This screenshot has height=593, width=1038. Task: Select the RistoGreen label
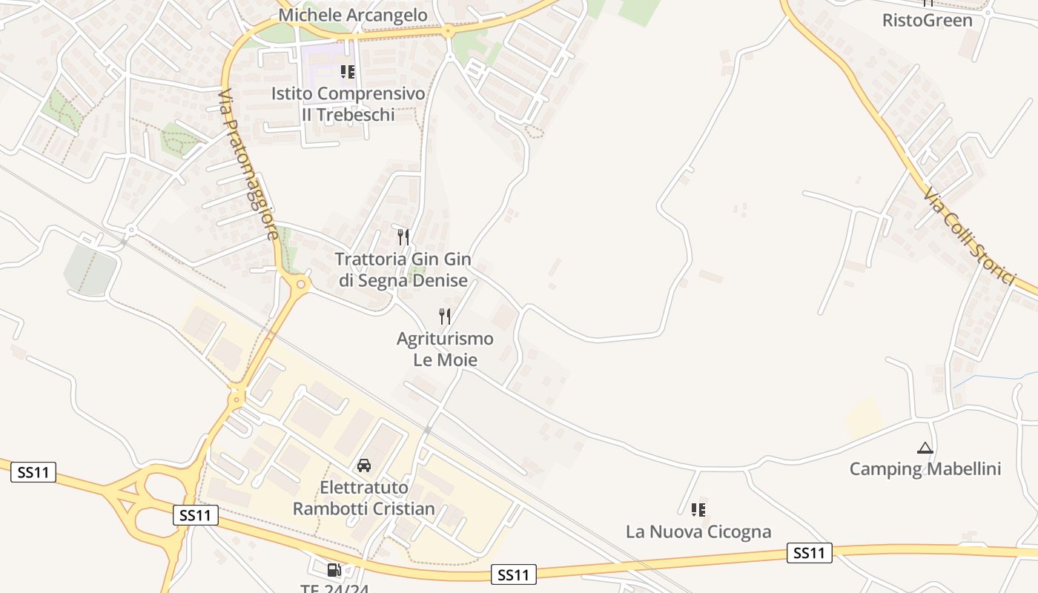[927, 20]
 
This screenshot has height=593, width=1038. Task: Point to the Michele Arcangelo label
[353, 15]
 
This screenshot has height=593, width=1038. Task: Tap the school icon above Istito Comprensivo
[347, 72]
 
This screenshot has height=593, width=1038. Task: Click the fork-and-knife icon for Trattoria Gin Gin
[403, 237]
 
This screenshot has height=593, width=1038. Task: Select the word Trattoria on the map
[370, 259]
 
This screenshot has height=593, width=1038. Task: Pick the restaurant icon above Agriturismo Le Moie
[445, 317]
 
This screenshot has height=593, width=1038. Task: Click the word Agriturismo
[445, 339]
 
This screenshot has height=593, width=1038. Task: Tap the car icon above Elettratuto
[364, 466]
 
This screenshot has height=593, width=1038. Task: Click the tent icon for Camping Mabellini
[925, 448]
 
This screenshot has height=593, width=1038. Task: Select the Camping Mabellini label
[925, 469]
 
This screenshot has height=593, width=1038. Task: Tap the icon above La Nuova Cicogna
[698, 510]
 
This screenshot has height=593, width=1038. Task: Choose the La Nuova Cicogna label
[698, 531]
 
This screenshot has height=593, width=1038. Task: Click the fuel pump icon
[334, 569]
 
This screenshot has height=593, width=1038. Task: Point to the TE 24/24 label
[334, 589]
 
